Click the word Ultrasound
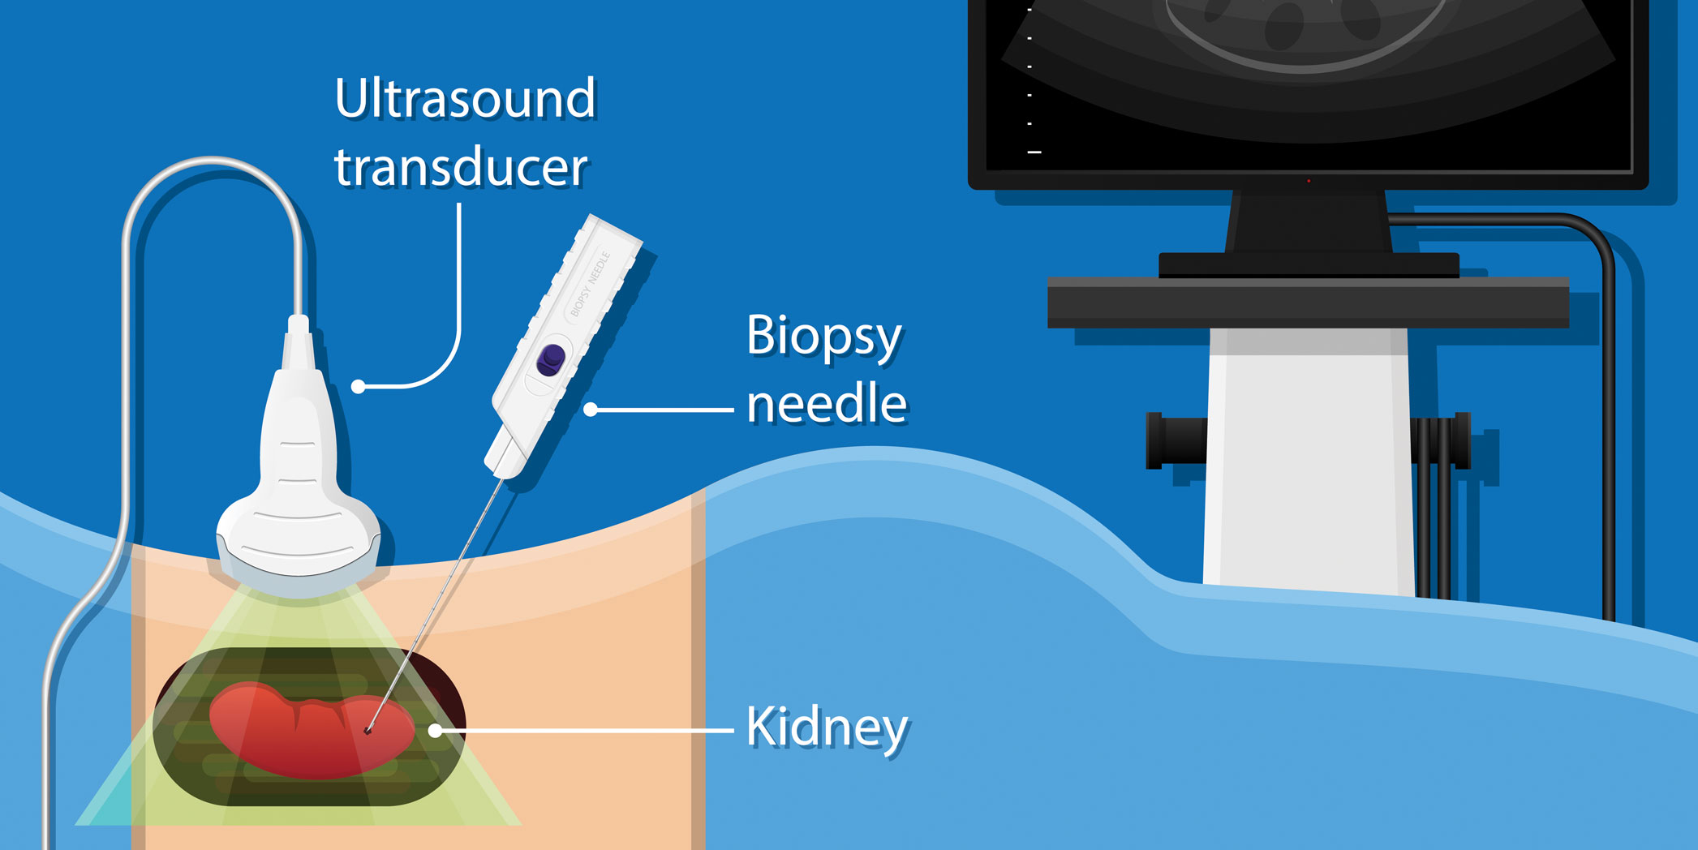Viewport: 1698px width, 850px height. [465, 100]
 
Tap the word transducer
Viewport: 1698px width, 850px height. [460, 168]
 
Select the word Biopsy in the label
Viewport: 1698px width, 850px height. [823, 337]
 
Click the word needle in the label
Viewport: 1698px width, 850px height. [826, 404]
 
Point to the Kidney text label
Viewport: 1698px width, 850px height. [827, 727]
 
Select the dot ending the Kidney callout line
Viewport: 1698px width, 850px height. [436, 731]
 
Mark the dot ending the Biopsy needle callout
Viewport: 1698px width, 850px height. [591, 410]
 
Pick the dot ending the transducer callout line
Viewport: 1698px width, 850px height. [359, 387]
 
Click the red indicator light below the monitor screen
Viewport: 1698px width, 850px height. [1309, 181]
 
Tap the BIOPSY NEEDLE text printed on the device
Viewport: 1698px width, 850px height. [590, 284]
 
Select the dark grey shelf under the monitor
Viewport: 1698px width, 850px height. [1308, 303]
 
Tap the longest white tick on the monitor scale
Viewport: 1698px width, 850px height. [1034, 152]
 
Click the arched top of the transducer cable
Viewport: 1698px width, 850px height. [213, 162]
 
